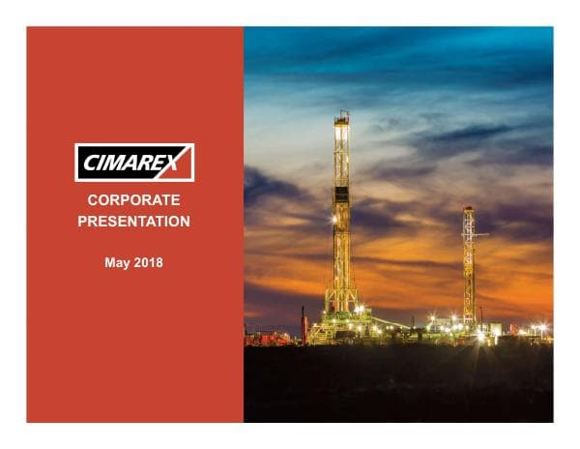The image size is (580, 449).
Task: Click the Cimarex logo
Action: pyautogui.click(x=134, y=163)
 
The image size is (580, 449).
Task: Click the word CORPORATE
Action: pyautogui.click(x=133, y=200)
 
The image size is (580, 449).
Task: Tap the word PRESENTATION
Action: pyautogui.click(x=133, y=222)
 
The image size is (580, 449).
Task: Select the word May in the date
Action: pyautogui.click(x=117, y=262)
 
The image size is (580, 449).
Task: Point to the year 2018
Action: pyautogui.click(x=149, y=262)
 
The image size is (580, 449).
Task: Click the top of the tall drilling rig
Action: pyautogui.click(x=342, y=116)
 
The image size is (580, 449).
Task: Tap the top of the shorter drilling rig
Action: pyautogui.click(x=468, y=208)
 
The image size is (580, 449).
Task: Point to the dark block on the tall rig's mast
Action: pyautogui.click(x=341, y=195)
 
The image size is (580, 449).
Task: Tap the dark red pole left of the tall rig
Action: pyautogui.click(x=303, y=324)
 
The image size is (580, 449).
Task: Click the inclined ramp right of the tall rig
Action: pyautogui.click(x=387, y=321)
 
